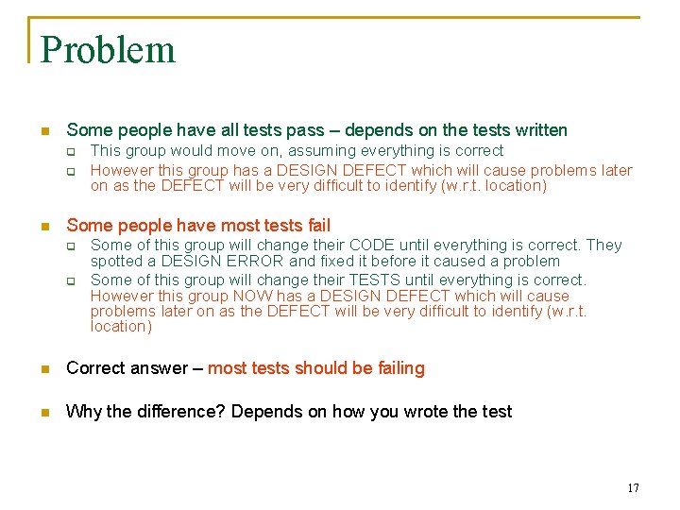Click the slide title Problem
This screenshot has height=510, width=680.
click(x=108, y=50)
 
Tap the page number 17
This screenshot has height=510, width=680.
click(x=633, y=488)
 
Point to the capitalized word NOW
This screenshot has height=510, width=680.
click(x=236, y=297)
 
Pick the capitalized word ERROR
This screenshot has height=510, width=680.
click(x=251, y=262)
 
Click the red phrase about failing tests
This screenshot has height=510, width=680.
click(x=316, y=368)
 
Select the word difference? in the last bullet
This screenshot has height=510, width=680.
click(x=179, y=412)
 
